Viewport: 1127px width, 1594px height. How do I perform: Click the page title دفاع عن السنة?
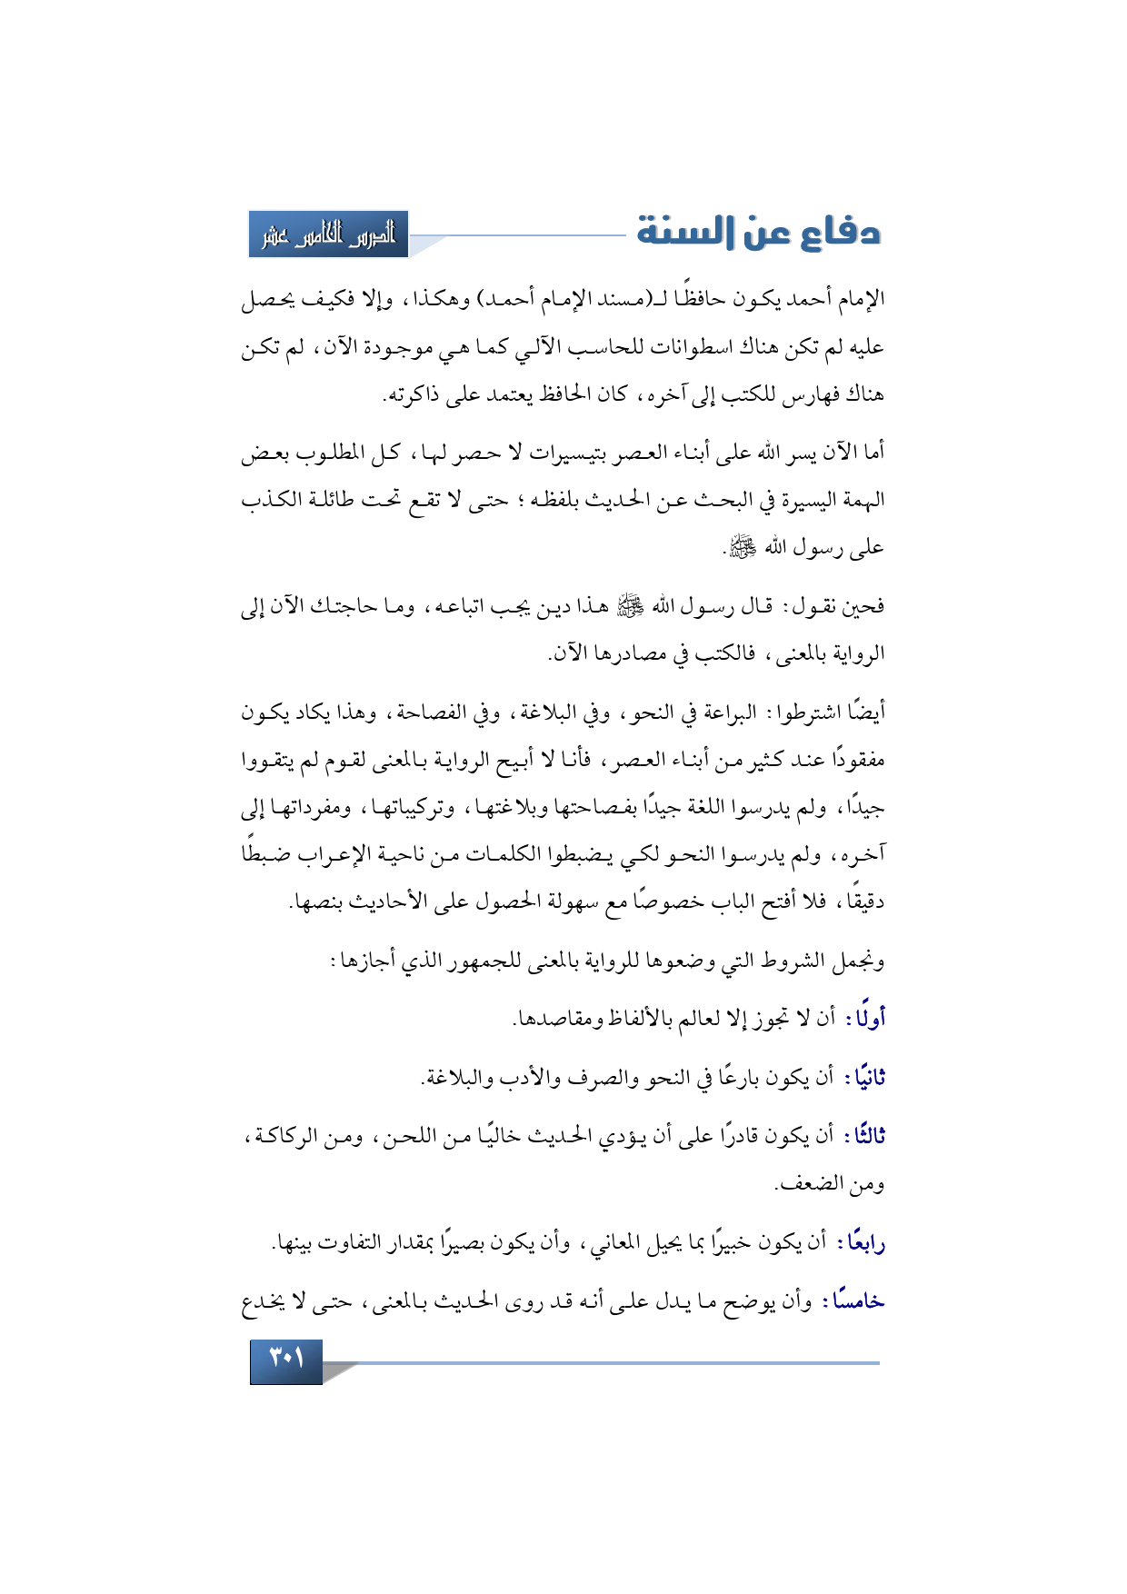pos(758,233)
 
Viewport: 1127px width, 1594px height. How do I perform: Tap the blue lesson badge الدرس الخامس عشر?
pos(329,234)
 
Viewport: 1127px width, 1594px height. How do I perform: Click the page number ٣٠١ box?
pos(286,1360)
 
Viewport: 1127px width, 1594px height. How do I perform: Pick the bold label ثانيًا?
pos(864,1078)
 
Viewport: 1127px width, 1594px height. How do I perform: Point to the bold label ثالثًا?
pos(864,1137)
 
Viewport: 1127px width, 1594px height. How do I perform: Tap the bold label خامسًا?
pos(853,1301)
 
